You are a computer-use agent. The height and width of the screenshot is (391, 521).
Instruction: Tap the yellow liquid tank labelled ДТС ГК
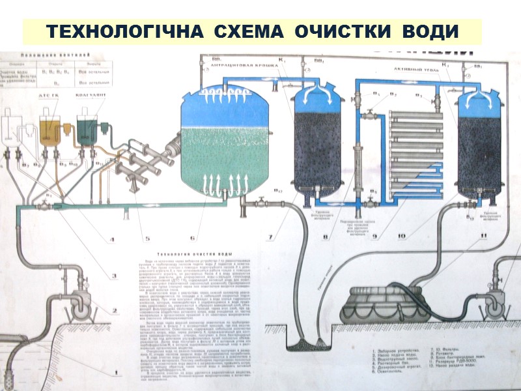tap(50, 130)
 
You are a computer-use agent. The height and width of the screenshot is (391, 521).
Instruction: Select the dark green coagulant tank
tap(87, 130)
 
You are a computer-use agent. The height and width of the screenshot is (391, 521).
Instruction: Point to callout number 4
tap(111, 240)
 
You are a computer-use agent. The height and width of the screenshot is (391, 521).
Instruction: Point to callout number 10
tap(403, 236)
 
